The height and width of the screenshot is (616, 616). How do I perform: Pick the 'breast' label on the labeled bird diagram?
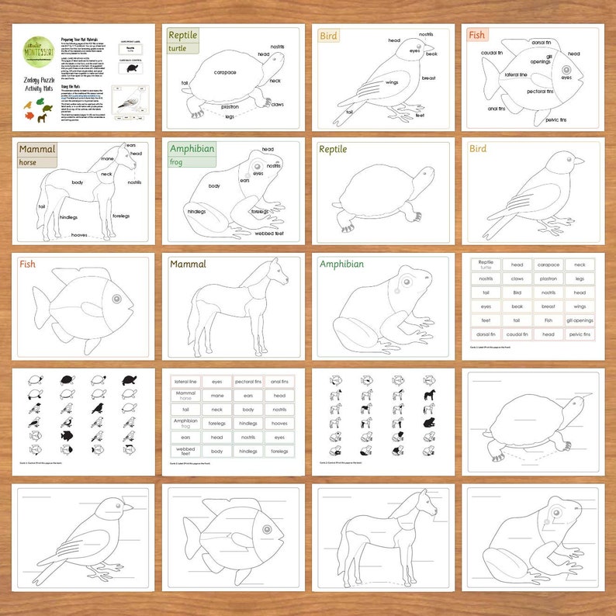click(x=428, y=78)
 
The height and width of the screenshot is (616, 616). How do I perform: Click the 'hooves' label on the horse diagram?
click(x=79, y=234)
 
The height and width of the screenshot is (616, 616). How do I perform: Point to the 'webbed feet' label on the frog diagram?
click(x=268, y=233)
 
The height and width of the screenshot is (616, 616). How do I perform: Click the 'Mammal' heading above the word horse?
click(x=37, y=149)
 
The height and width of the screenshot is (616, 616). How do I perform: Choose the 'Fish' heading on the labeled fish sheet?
click(x=477, y=35)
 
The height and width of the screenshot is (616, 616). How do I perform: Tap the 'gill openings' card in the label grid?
click(x=579, y=320)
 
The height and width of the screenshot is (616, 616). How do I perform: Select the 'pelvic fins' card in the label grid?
click(x=579, y=334)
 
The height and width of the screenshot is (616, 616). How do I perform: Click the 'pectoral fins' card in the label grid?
click(x=248, y=381)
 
